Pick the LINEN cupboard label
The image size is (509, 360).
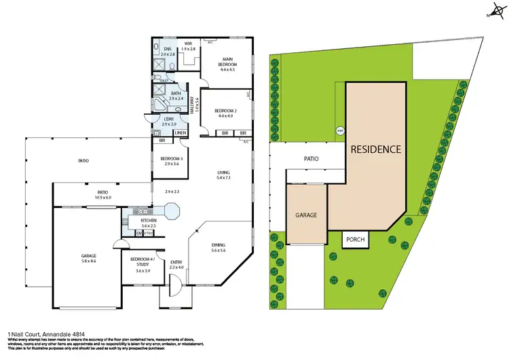click(180, 132)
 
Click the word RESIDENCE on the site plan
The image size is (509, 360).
click(375, 149)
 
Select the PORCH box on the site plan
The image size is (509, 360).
click(355, 240)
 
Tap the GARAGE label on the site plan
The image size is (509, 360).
click(306, 215)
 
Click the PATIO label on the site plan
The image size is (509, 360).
click(311, 160)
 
